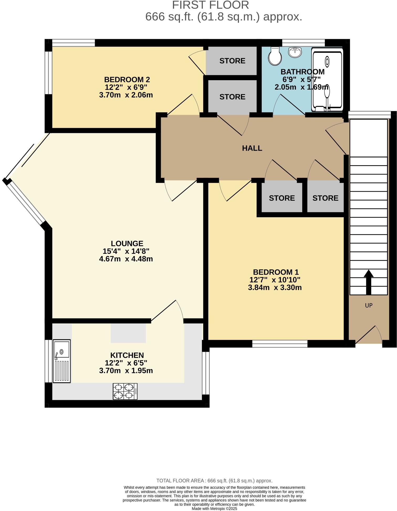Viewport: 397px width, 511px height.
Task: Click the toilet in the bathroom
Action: [275, 56]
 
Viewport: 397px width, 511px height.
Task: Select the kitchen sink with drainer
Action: [62, 361]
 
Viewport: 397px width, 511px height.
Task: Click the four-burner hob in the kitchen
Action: [125, 391]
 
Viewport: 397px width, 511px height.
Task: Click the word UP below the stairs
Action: [369, 305]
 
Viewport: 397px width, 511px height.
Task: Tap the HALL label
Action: [252, 148]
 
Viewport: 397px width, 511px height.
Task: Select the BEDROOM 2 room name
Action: [127, 80]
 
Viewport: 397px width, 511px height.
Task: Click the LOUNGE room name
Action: [127, 244]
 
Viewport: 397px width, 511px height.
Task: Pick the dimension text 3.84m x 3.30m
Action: [275, 287]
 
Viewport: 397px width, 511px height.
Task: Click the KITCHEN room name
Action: [127, 355]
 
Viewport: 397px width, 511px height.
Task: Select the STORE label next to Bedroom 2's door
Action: [232, 61]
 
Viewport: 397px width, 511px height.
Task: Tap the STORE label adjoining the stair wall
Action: [325, 198]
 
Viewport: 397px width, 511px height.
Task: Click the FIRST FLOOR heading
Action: [210, 5]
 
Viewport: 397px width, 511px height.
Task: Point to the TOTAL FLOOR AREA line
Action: [214, 481]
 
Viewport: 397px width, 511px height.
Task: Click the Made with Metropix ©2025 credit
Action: [214, 509]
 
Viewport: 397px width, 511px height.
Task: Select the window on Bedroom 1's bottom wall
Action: [280, 344]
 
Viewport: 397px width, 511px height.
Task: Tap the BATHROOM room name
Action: [302, 72]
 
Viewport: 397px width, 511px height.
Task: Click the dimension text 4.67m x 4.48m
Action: [126, 259]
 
